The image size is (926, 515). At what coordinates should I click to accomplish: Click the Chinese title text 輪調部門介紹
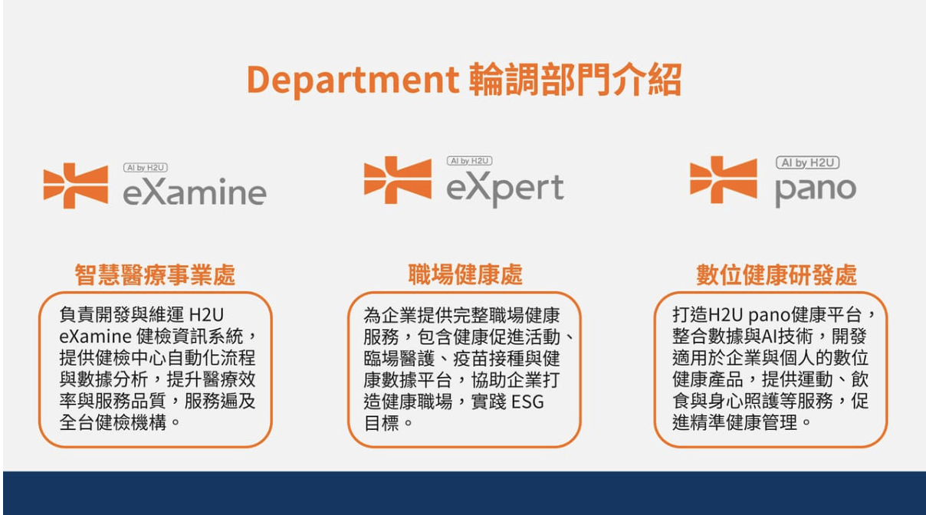click(574, 80)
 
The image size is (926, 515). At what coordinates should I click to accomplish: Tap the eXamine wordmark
click(195, 192)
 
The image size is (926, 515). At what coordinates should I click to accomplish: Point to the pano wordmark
click(815, 189)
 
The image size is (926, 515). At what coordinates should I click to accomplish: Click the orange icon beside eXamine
click(75, 185)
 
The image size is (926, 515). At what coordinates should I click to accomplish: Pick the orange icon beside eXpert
click(397, 180)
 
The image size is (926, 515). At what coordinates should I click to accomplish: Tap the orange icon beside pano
click(723, 180)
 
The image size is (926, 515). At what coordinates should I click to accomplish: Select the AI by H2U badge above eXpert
click(469, 161)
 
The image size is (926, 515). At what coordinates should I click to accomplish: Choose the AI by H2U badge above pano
click(807, 162)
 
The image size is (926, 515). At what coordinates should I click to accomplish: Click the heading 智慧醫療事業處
click(155, 274)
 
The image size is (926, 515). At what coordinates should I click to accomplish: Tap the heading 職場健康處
click(465, 274)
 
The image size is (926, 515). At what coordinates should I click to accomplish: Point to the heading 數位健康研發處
click(776, 274)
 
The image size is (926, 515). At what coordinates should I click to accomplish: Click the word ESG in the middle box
click(527, 402)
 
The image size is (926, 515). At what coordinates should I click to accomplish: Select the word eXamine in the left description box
click(97, 336)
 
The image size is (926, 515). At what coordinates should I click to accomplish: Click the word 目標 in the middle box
click(381, 423)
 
